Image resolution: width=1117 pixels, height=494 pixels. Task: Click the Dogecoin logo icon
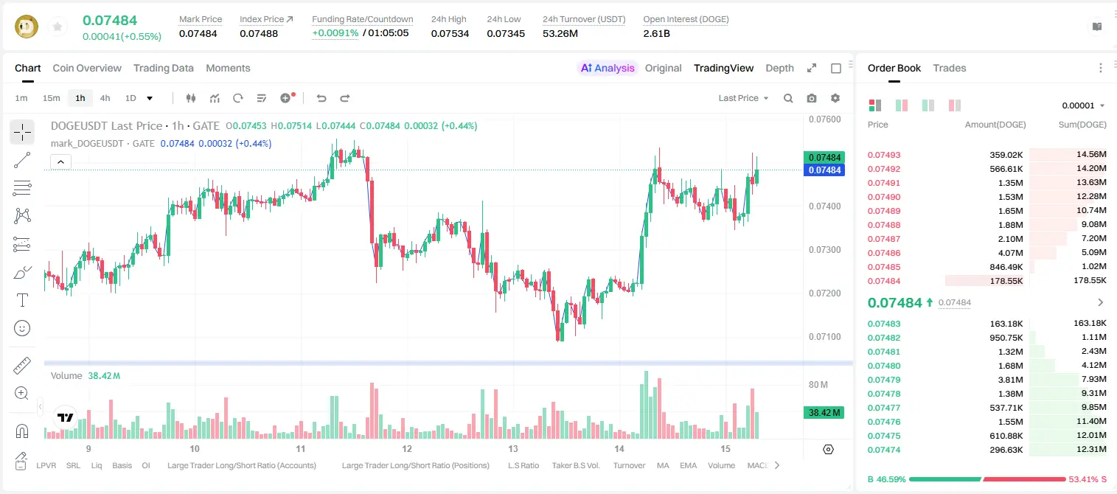[x=27, y=27]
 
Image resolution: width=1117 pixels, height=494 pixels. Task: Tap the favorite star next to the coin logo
[x=58, y=27]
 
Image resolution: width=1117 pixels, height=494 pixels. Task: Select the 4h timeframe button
[x=105, y=98]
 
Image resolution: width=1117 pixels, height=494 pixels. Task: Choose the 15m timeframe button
[x=52, y=98]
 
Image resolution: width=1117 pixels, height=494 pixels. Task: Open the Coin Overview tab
[x=87, y=68]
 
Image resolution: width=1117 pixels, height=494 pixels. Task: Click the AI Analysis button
[x=608, y=68]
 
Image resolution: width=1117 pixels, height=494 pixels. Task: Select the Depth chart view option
[x=779, y=68]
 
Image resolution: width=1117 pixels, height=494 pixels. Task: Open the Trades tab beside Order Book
[x=950, y=68]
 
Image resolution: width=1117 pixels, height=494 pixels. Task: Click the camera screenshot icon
[x=812, y=98]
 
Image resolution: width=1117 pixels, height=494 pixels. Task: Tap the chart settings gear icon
[x=835, y=98]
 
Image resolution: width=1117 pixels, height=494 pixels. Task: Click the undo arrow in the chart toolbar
[x=321, y=98]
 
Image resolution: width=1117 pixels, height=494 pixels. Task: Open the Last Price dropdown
[x=743, y=98]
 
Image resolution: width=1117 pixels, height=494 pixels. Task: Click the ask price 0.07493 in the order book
[x=884, y=155]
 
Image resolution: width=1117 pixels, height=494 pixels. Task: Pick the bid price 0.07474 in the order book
[x=884, y=450]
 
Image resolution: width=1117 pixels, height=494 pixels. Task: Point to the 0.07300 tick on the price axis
[x=825, y=250]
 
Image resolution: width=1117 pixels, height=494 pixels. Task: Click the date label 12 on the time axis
[x=407, y=448]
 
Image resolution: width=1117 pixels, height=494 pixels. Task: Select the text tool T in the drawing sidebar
[x=22, y=300]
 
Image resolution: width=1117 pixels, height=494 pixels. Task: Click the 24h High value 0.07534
[x=450, y=33]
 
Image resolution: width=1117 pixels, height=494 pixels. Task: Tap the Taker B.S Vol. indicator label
[x=576, y=465]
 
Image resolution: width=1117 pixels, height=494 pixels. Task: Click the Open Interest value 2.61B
[x=656, y=33]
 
